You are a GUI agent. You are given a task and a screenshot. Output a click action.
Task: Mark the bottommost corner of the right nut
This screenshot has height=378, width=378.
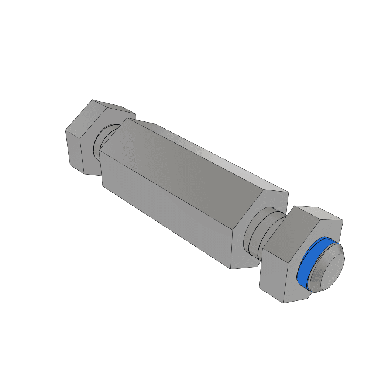tap(283, 303)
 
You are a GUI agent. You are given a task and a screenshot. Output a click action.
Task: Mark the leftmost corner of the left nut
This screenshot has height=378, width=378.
tap(66, 130)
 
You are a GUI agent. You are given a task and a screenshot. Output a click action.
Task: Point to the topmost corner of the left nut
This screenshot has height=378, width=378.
tap(93, 100)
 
